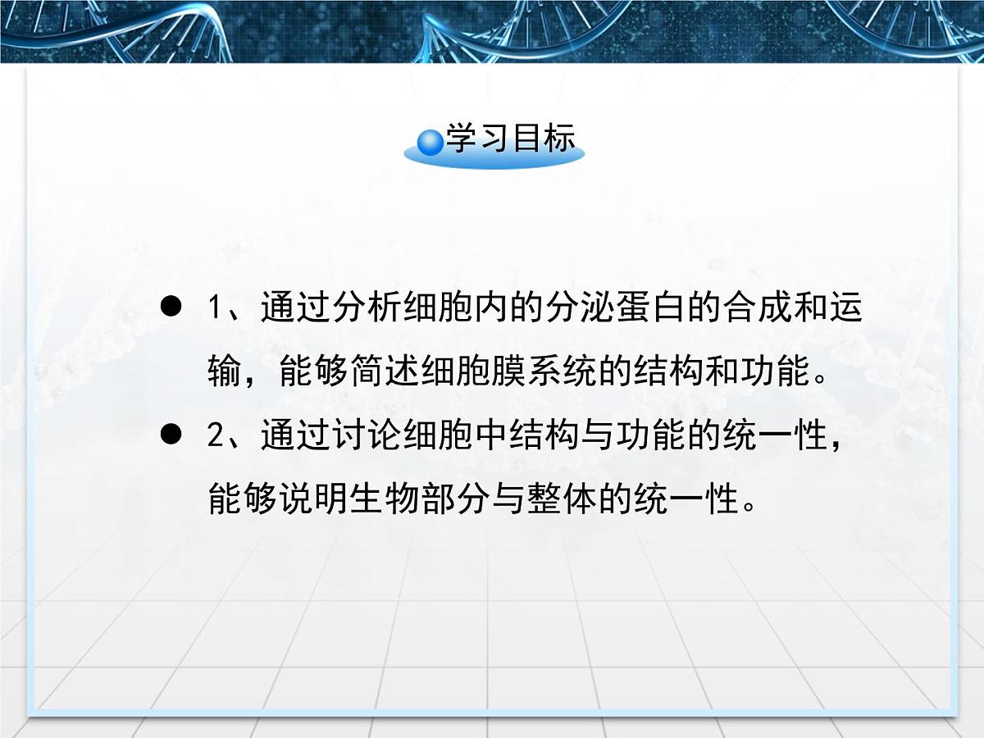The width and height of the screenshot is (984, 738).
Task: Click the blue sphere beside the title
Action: pyautogui.click(x=430, y=143)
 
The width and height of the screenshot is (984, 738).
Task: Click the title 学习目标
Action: pyautogui.click(x=510, y=139)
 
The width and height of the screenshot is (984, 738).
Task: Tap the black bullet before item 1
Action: pyautogui.click(x=171, y=308)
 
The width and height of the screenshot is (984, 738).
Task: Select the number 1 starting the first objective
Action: pyautogui.click(x=215, y=309)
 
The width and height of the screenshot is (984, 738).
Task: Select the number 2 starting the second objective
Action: pyautogui.click(x=215, y=435)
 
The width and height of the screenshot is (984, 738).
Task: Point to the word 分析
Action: pyautogui.click(x=368, y=309)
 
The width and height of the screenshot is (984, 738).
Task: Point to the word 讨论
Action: pyautogui.click(x=368, y=435)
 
